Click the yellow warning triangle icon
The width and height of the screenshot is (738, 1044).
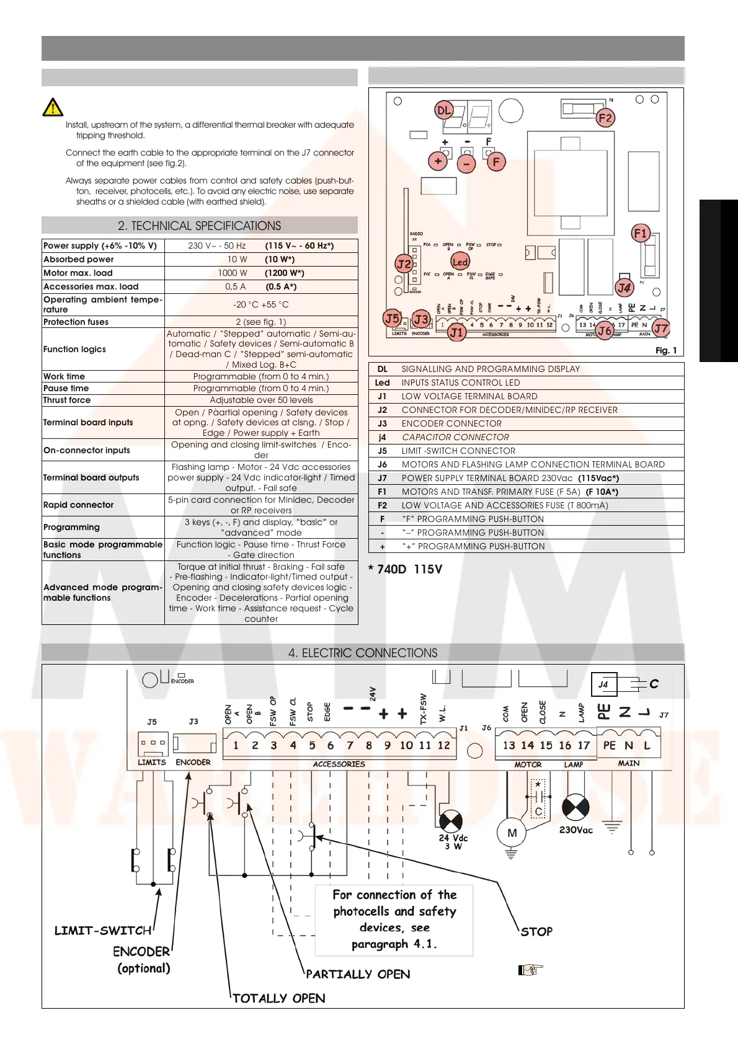[x=53, y=107]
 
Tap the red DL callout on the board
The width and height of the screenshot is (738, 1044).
[x=444, y=110]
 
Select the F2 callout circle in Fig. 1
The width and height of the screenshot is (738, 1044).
[x=605, y=118]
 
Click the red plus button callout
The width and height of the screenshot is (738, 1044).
[x=438, y=161]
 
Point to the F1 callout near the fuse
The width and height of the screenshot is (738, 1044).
[x=640, y=234]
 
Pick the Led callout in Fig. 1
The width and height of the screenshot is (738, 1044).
[x=460, y=262]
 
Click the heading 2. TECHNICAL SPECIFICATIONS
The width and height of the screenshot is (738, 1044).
[x=199, y=226]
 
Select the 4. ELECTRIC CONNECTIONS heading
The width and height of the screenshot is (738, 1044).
[x=363, y=653]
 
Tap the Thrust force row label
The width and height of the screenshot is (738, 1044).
[x=67, y=400]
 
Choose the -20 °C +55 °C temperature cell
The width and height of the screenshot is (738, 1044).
[x=261, y=304]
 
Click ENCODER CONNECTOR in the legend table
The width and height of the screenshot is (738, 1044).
[x=451, y=423]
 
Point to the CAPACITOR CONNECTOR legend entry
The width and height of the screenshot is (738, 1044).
[x=455, y=437]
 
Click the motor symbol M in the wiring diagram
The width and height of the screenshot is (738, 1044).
[x=512, y=833]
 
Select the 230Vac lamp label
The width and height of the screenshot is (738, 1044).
[x=576, y=830]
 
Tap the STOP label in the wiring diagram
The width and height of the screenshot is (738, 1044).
[x=536, y=931]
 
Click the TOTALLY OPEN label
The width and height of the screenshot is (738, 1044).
[x=279, y=998]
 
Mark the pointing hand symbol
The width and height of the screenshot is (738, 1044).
[x=530, y=970]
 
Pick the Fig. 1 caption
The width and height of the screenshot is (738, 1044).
[x=666, y=350]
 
